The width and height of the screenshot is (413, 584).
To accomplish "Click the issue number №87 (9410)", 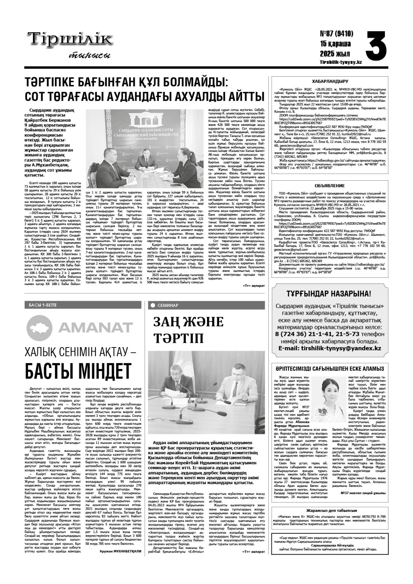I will [x=336, y=34].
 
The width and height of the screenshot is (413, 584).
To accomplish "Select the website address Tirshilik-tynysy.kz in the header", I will [x=341, y=62].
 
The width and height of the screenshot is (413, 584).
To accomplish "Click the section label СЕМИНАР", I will [x=168, y=305].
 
